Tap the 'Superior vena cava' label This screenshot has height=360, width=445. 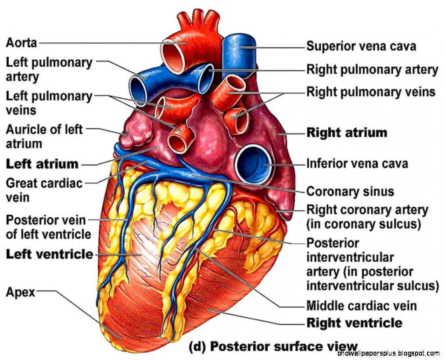coord(361,46)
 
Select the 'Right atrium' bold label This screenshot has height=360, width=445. coord(347,133)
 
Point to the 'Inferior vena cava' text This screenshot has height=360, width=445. coord(357,164)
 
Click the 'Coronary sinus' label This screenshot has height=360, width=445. coord(350,192)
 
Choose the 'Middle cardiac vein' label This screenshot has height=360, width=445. coord(361,305)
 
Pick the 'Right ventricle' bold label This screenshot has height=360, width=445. coord(354,323)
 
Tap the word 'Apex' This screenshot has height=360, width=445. coord(20,292)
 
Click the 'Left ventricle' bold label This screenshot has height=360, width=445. coord(49,254)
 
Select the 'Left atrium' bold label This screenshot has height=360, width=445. coord(42,164)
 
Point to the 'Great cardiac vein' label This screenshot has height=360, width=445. coord(44,190)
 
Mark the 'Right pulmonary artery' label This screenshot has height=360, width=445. coord(372,69)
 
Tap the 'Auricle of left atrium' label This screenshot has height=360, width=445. coord(44,136)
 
